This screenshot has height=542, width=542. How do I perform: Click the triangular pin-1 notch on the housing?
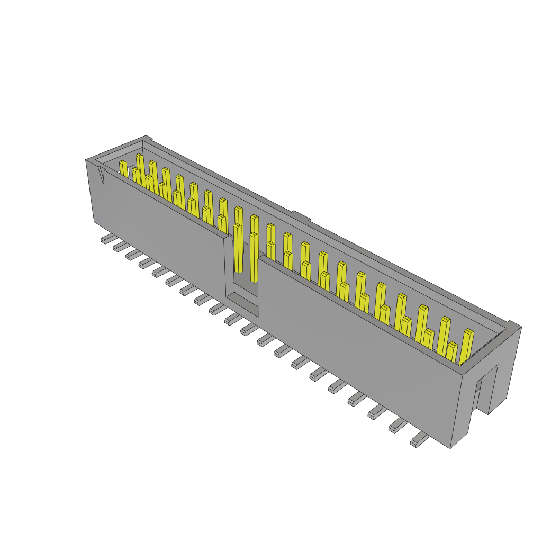pyautogui.click(x=102, y=175)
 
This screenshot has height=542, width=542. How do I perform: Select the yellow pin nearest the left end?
pyautogui.click(x=123, y=169)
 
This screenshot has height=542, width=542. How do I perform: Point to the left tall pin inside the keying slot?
pyautogui.click(x=238, y=249)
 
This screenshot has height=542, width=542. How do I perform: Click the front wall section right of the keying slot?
pyautogui.click(x=360, y=349)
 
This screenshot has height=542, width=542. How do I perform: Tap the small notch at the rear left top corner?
pyautogui.click(x=148, y=139)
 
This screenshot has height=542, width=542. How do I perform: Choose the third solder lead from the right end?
pyautogui.click(x=377, y=411)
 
